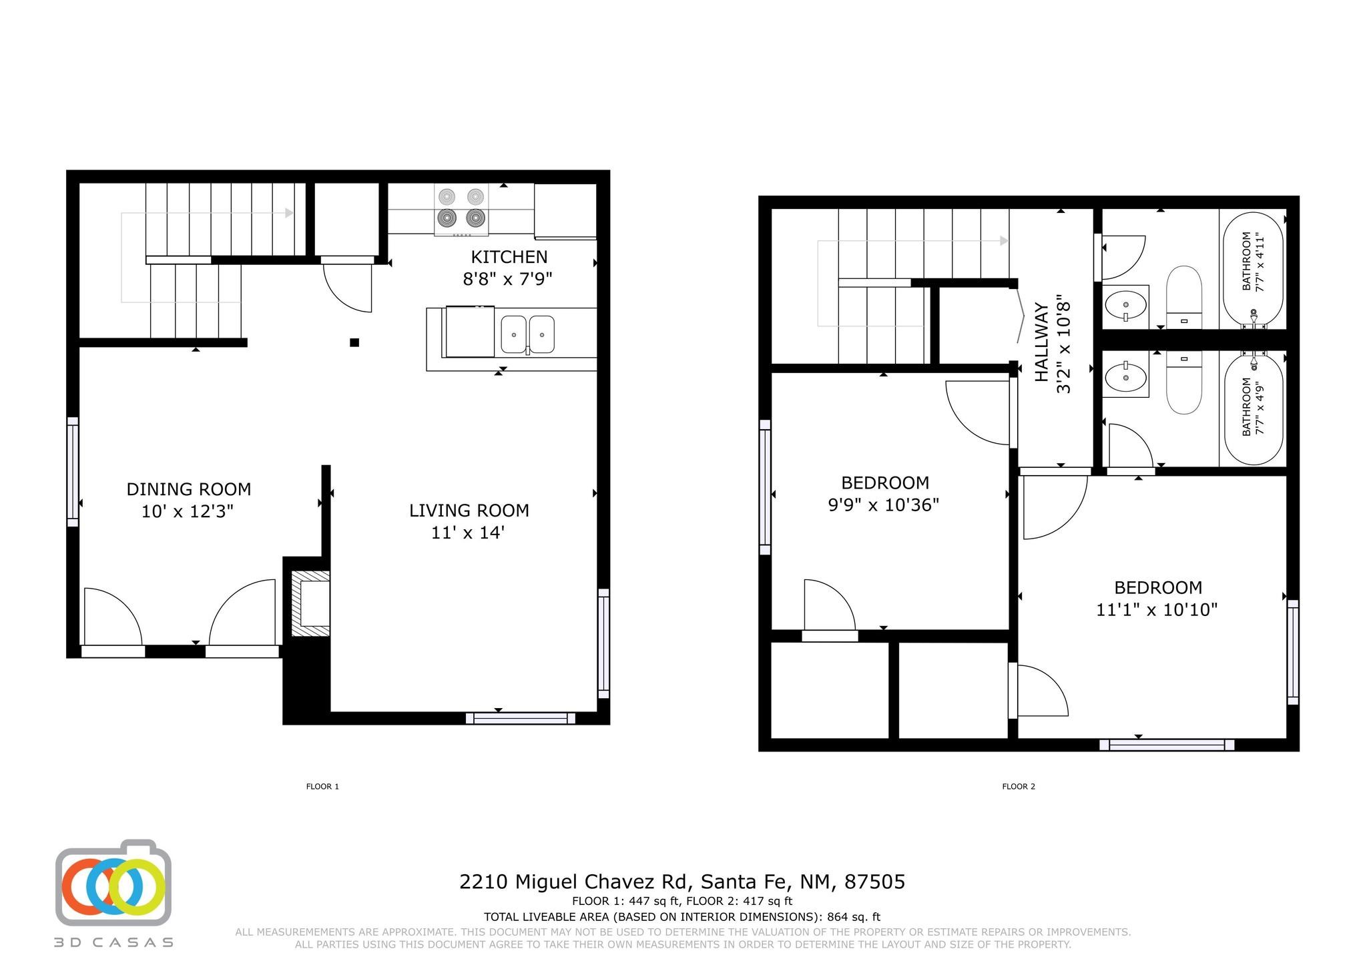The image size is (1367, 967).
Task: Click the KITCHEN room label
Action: pyautogui.click(x=509, y=257)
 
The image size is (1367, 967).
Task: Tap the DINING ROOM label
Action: pyautogui.click(x=189, y=489)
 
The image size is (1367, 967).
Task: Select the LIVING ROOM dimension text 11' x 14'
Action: pyautogui.click(x=467, y=533)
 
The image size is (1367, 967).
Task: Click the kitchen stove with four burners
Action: pyautogui.click(x=461, y=210)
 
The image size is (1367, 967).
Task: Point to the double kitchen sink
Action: pyautogui.click(x=527, y=334)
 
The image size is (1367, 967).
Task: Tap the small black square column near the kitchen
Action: pyautogui.click(x=354, y=342)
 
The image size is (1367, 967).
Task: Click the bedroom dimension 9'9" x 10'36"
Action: pyautogui.click(x=884, y=505)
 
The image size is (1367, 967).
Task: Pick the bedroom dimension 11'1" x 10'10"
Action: pyautogui.click(x=1157, y=609)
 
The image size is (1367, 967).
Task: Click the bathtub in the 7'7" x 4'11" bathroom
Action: pyautogui.click(x=1253, y=269)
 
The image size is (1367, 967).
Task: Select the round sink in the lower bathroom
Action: pyautogui.click(x=1125, y=378)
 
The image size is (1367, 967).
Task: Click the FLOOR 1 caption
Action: pyautogui.click(x=322, y=786)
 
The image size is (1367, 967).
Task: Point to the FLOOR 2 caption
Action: pyautogui.click(x=1019, y=786)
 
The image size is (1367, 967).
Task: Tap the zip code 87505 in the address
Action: pyautogui.click(x=874, y=882)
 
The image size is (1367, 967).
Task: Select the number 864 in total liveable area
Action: pyautogui.click(x=838, y=917)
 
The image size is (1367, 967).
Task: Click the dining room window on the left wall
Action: pyautogui.click(x=73, y=472)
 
